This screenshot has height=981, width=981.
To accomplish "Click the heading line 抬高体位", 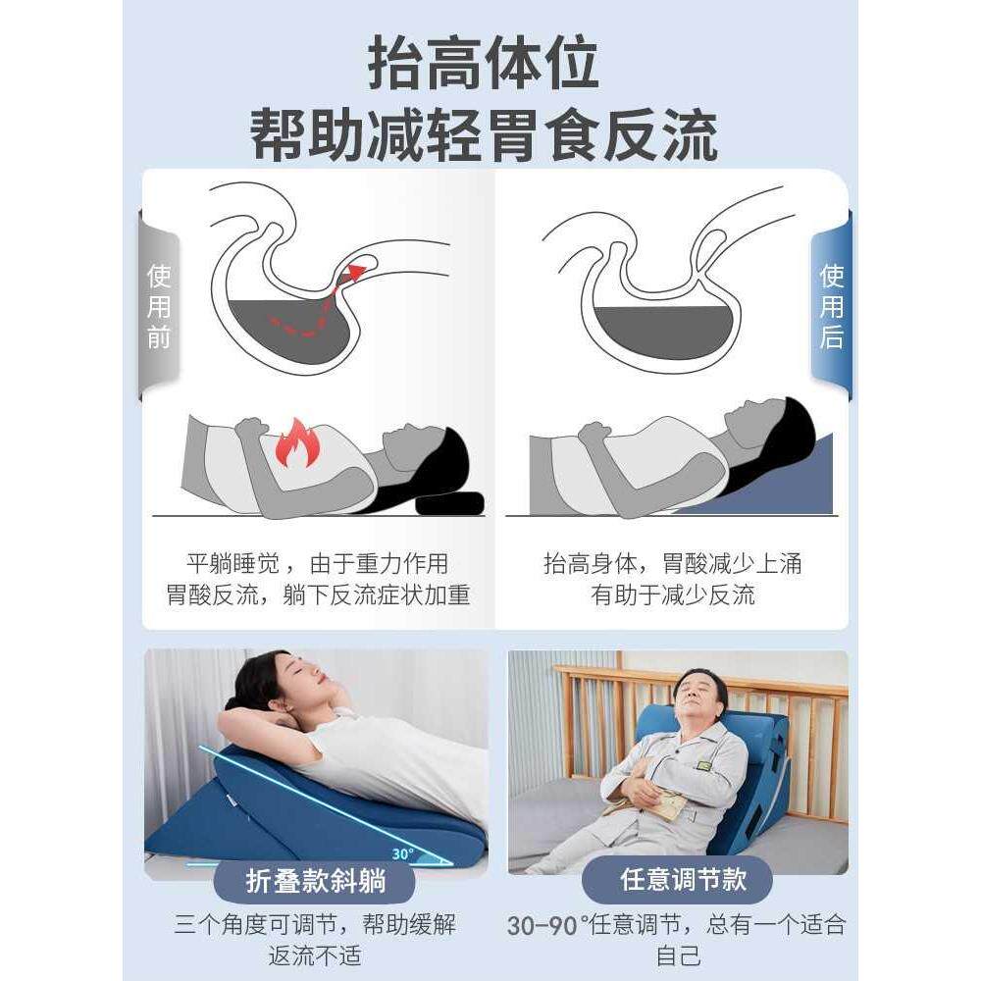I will [x=483, y=65].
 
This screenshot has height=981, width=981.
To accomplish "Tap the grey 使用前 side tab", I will [x=159, y=306].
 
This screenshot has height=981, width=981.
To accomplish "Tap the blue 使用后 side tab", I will [x=831, y=306].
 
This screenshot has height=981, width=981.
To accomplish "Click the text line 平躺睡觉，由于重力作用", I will [x=317, y=564].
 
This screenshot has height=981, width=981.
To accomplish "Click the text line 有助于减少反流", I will [x=673, y=595].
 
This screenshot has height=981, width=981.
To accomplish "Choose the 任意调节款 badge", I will [x=677, y=879].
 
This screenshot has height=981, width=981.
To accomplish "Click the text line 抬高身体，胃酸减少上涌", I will [x=673, y=564].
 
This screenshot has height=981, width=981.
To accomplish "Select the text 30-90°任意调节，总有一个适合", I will [x=676, y=925].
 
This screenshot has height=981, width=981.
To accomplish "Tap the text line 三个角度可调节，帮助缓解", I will [x=315, y=925].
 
